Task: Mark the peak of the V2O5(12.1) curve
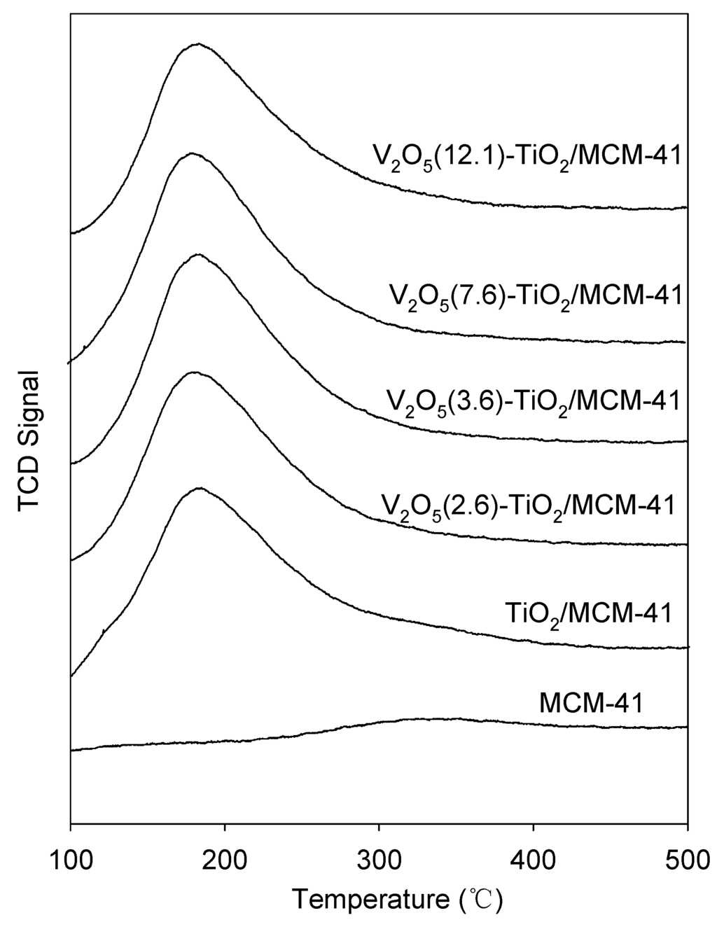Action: click(198, 43)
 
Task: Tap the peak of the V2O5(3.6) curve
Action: click(197, 254)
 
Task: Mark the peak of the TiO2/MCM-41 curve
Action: click(200, 488)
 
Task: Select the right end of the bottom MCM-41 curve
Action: click(687, 727)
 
